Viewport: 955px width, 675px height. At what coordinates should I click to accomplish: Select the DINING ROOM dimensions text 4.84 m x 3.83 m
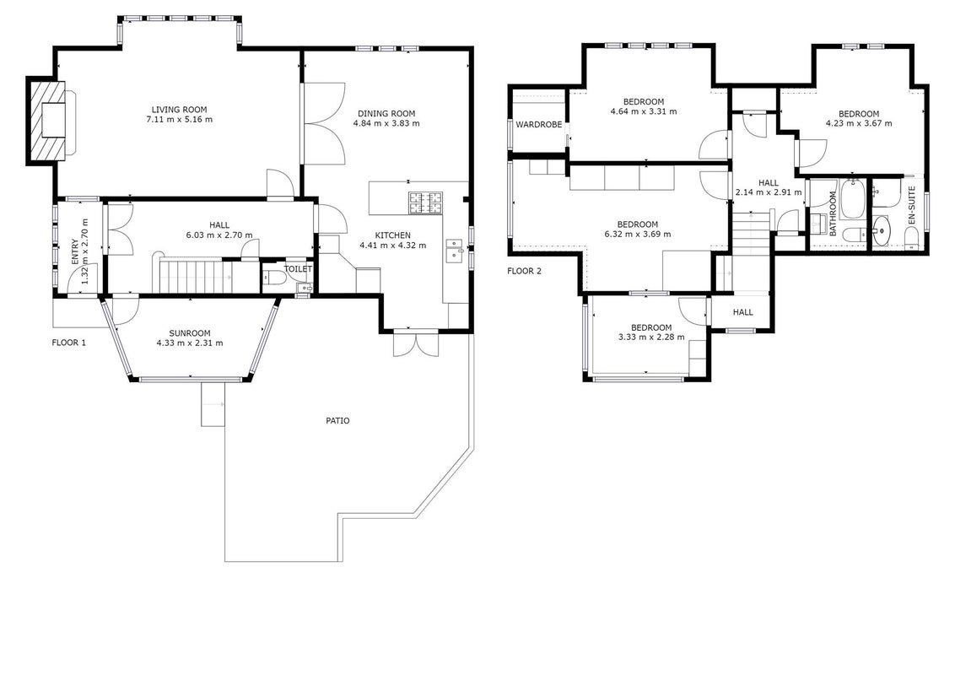(386, 123)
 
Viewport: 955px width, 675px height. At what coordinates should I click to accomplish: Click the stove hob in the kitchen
(426, 203)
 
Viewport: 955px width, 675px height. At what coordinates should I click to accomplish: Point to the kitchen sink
(455, 251)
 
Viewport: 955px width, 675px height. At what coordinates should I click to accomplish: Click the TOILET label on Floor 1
(298, 268)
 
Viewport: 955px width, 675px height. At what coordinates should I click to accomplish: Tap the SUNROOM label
(190, 333)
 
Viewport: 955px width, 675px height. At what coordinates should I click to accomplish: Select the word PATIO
(337, 420)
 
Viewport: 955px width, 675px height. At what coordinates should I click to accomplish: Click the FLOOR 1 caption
(69, 343)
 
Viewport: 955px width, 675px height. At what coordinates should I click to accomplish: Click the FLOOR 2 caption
(524, 271)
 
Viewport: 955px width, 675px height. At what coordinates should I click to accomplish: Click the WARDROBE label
(538, 124)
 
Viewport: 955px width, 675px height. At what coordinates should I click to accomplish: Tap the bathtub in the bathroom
(851, 199)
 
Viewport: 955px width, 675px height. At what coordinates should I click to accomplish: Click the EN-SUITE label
(911, 206)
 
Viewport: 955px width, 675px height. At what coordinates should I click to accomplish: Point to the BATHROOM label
(833, 213)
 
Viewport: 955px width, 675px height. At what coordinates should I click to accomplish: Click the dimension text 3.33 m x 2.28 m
(651, 337)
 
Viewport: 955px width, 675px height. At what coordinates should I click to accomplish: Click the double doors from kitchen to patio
(415, 343)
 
